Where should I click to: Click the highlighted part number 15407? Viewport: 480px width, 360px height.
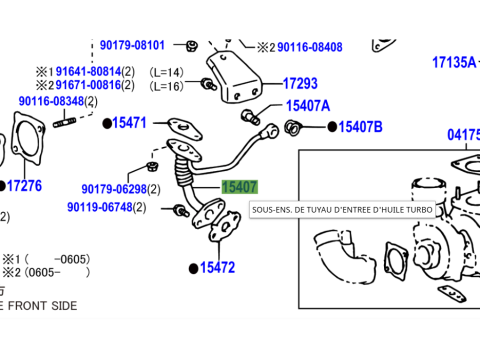pos(239,187)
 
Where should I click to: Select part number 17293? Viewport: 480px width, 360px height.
pos(300,85)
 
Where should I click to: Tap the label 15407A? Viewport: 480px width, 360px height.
pos(307,105)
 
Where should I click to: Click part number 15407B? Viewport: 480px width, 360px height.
pos(360,127)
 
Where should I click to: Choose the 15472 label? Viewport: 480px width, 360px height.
pos(217,268)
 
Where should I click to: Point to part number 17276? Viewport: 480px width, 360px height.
pos(25,186)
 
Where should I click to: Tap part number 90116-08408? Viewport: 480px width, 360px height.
pos(309,47)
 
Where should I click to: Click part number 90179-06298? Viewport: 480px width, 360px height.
pos(114,189)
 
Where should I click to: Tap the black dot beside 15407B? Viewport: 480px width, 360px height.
pos(332,127)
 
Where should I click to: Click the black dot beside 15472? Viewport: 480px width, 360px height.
pos(193,268)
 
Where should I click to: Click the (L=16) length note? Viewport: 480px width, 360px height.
pos(166,86)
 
